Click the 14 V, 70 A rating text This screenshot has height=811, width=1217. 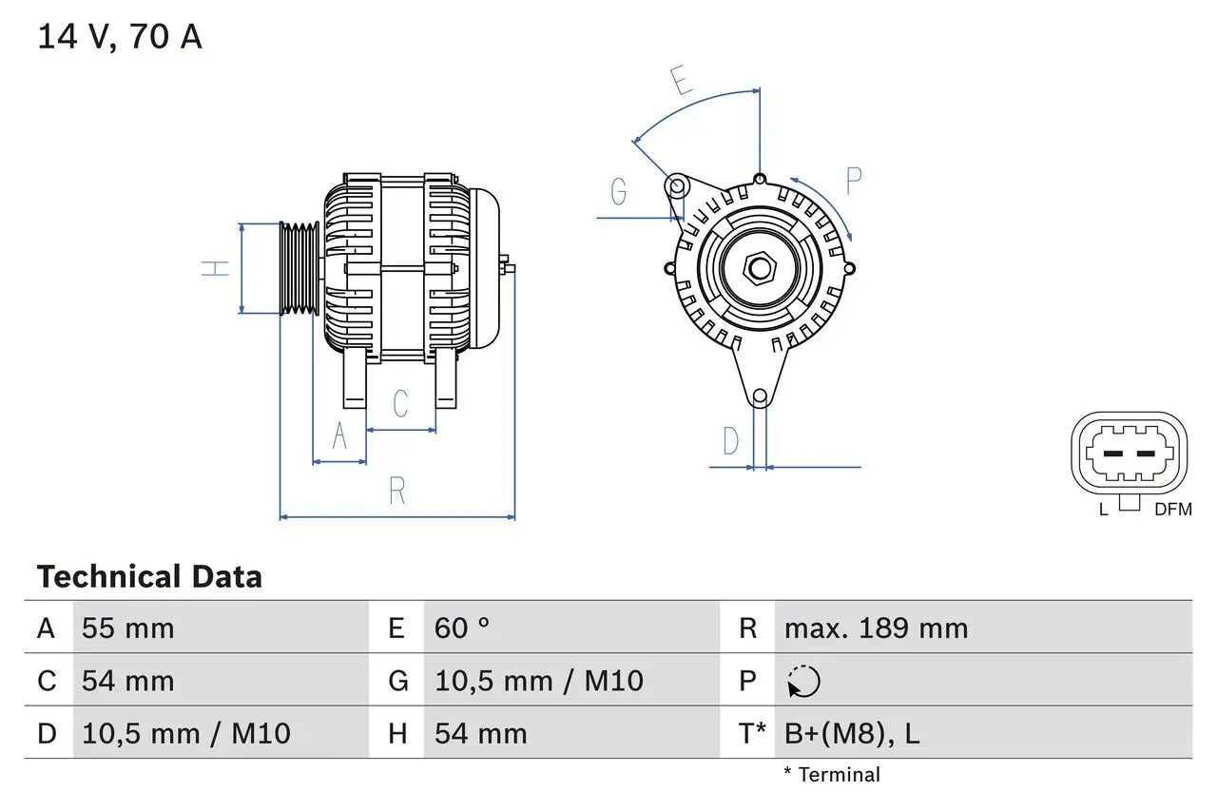coord(120,37)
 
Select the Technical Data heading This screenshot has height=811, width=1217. coord(149,577)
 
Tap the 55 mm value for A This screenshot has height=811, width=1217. coord(128,628)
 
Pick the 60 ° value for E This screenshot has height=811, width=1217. coord(462,628)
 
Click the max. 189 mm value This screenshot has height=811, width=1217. coord(876,628)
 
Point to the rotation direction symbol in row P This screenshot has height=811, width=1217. coord(803,682)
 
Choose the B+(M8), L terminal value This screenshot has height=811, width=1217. coord(852,733)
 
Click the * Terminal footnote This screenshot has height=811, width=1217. coord(832,775)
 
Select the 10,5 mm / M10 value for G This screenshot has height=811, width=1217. coord(539,681)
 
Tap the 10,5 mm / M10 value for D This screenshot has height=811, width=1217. coord(186,733)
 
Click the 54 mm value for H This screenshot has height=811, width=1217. coord(480,733)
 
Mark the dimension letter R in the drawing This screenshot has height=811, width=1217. coord(397,491)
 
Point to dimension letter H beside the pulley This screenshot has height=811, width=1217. coord(218,268)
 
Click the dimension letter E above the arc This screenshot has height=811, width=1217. coord(681,82)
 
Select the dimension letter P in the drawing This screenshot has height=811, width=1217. coord(853,181)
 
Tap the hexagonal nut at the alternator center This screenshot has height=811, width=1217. coord(759,268)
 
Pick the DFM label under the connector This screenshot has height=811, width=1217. coord(1172,510)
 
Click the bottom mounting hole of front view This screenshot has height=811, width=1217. coord(760,396)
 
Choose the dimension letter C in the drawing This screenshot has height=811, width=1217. coord(400,403)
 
